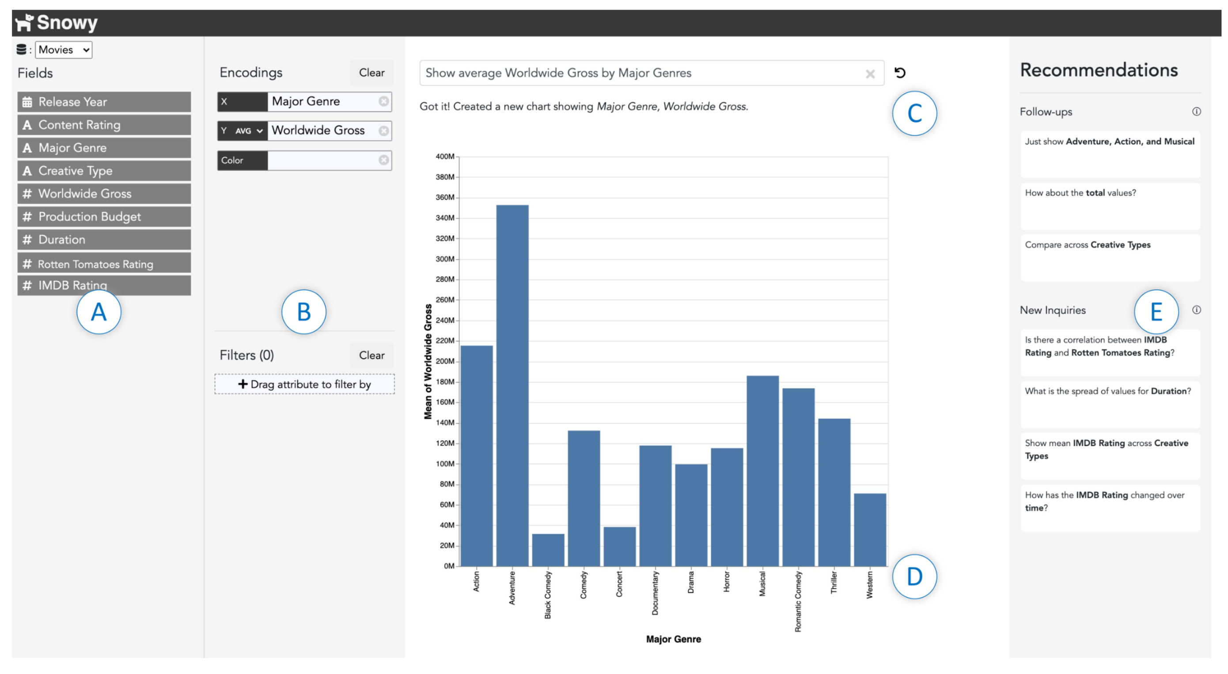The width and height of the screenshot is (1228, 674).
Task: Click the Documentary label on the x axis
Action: click(655, 593)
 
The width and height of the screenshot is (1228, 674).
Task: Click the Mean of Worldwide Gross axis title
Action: click(428, 362)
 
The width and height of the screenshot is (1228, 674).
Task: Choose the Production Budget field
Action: click(104, 217)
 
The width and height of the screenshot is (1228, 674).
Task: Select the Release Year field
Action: click(104, 102)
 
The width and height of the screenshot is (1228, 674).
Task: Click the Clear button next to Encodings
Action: click(371, 72)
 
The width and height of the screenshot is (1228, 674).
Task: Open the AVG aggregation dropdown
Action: click(249, 131)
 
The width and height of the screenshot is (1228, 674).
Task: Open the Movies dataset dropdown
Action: click(64, 49)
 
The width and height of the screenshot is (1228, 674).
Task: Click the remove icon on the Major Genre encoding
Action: click(383, 102)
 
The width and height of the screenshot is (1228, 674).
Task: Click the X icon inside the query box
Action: click(870, 74)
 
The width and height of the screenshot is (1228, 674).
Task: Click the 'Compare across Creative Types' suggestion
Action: click(1110, 257)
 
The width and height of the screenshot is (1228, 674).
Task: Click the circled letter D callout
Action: click(914, 576)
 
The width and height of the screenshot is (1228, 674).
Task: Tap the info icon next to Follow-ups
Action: click(1196, 112)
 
